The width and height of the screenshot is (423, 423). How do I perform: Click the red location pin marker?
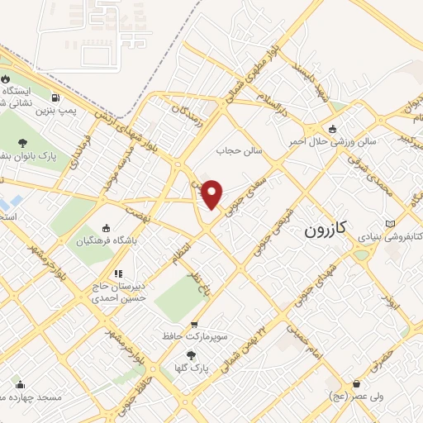pyautogui.click(x=212, y=194)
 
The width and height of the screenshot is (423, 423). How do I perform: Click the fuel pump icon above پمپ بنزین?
pyautogui.click(x=55, y=96)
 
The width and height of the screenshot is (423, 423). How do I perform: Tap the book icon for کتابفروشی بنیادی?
pyautogui.click(x=390, y=223)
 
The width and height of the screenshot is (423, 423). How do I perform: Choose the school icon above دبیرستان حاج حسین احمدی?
pyautogui.click(x=118, y=273)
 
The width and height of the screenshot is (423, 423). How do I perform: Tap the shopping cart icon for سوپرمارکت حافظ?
pyautogui.click(x=193, y=325)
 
